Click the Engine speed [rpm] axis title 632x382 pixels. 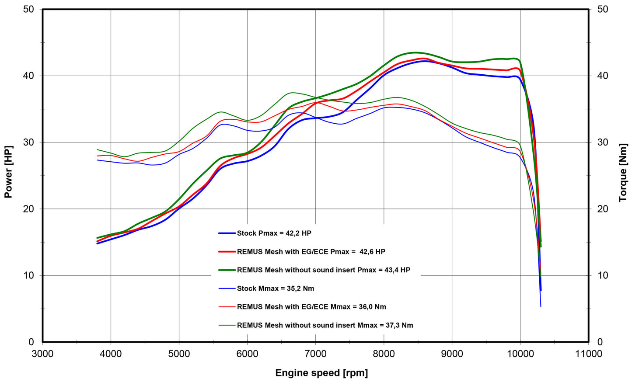321,373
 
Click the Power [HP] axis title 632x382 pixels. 8,172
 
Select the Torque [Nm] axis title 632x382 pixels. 623,173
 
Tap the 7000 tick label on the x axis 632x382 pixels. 315,354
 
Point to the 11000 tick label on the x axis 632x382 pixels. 588,354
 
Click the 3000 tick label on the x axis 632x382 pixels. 42,354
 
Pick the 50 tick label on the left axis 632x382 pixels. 28,9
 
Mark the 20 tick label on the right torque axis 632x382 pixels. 602,209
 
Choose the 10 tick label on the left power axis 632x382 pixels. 28,275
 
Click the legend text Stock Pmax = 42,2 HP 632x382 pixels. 274,233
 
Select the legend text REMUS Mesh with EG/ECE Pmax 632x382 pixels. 311,252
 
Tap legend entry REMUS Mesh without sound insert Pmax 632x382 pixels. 323,270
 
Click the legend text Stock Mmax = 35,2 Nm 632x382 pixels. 275,288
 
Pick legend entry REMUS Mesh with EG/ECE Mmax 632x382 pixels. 311,307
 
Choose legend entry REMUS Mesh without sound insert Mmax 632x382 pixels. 325,325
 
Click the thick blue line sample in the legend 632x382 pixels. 227,233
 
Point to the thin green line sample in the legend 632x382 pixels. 227,325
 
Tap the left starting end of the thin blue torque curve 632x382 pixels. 97,160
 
